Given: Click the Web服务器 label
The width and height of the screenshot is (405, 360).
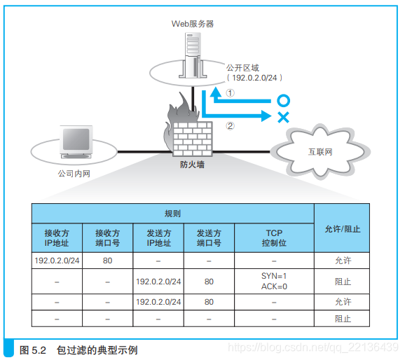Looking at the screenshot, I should click(193, 23).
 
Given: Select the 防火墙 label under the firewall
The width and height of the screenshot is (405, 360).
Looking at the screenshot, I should click(192, 166).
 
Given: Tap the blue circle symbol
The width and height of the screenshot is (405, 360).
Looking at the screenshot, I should click(283, 101).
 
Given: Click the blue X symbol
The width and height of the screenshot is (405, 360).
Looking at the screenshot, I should click(283, 117).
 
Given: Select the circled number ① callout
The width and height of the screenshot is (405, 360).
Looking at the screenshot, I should click(229, 92).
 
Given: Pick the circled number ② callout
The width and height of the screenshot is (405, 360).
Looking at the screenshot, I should click(229, 126).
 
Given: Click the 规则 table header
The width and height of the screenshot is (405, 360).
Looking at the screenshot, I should click(172, 213).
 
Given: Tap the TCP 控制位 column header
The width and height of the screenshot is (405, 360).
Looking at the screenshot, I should click(273, 237).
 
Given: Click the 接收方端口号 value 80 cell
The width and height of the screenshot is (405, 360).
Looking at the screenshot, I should click(108, 261).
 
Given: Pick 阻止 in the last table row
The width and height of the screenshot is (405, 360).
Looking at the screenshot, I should click(343, 319).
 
